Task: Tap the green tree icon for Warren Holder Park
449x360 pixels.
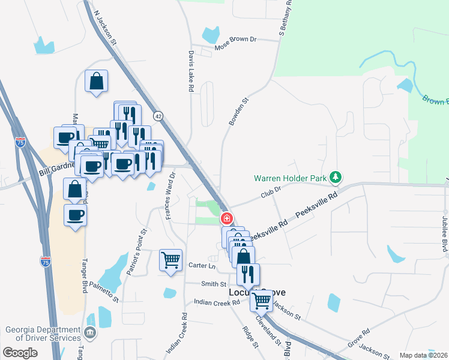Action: click(x=337, y=178)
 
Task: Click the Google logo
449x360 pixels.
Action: click(x=20, y=353)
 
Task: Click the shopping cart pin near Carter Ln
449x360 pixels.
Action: click(x=171, y=260)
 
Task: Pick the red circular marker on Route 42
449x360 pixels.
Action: click(x=227, y=218)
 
